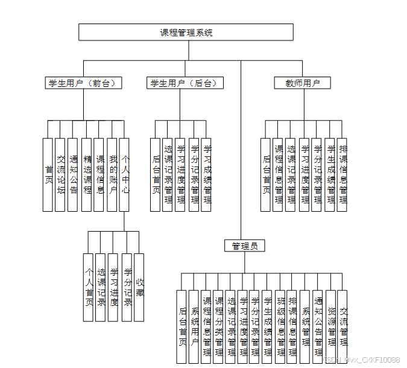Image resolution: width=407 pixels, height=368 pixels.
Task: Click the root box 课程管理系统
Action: [x=186, y=33]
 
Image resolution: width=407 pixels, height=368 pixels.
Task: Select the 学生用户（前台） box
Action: [x=83, y=83]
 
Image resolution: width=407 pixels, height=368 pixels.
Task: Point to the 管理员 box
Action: [x=244, y=246]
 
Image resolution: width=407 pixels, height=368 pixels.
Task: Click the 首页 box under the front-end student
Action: [x=48, y=175]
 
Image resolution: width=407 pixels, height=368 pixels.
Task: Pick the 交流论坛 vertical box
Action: [x=60, y=175]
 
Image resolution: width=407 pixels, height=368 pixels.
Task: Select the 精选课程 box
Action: [x=86, y=175]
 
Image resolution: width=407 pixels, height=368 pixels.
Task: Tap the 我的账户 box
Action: [x=112, y=175]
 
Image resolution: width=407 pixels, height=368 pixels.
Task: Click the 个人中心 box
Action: [x=124, y=175]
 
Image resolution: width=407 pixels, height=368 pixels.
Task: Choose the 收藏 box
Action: [x=139, y=287]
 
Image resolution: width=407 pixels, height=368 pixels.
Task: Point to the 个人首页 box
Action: [x=89, y=287]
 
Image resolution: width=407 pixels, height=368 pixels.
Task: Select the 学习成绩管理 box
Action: [x=206, y=175]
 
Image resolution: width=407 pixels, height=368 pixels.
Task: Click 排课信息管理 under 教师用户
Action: [x=342, y=175]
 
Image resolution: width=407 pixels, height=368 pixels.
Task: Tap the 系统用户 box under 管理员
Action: [x=194, y=326]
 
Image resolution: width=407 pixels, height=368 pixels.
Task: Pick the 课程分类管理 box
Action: [x=218, y=326]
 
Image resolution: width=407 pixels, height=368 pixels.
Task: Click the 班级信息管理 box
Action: [x=280, y=326]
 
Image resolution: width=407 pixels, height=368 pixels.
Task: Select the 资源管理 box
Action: [x=330, y=326]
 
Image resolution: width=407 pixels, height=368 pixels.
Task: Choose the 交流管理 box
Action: [x=342, y=326]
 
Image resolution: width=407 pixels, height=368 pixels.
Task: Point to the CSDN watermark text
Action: [x=361, y=360]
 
